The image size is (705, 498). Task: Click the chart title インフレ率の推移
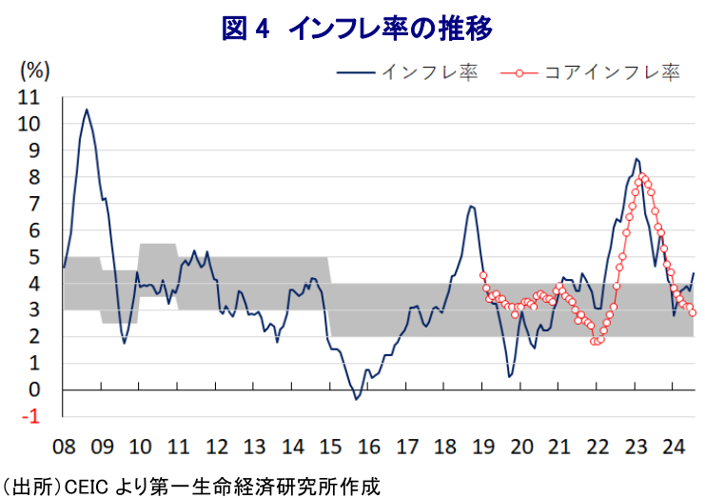pyautogui.click(x=390, y=28)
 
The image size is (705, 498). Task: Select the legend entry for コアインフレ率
pyautogui.click(x=590, y=72)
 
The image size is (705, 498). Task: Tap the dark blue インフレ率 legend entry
pyautogui.click(x=407, y=72)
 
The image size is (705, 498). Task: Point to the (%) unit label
pyautogui.click(x=34, y=70)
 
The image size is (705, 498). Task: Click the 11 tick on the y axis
pyautogui.click(x=29, y=98)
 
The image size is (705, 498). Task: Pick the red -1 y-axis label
pyautogui.click(x=31, y=417)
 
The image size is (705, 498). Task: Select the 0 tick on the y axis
pyautogui.click(x=34, y=390)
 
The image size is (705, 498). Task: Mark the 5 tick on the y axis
pyautogui.click(x=34, y=257)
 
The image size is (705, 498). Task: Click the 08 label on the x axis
pyautogui.click(x=64, y=447)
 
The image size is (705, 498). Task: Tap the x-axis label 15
pyautogui.click(x=330, y=447)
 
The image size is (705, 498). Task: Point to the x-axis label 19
pyautogui.click(x=483, y=447)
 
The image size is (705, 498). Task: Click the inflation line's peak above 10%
pyautogui.click(x=87, y=109)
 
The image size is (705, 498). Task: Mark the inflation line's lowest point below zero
pyautogui.click(x=356, y=399)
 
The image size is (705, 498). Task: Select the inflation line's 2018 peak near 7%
pyautogui.click(x=470, y=206)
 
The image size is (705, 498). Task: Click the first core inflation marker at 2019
pyautogui.click(x=483, y=275)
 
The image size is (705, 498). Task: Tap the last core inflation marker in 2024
pyautogui.click(x=693, y=312)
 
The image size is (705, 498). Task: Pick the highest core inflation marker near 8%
pyautogui.click(x=642, y=176)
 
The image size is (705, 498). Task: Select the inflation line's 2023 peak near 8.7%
pyautogui.click(x=636, y=159)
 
